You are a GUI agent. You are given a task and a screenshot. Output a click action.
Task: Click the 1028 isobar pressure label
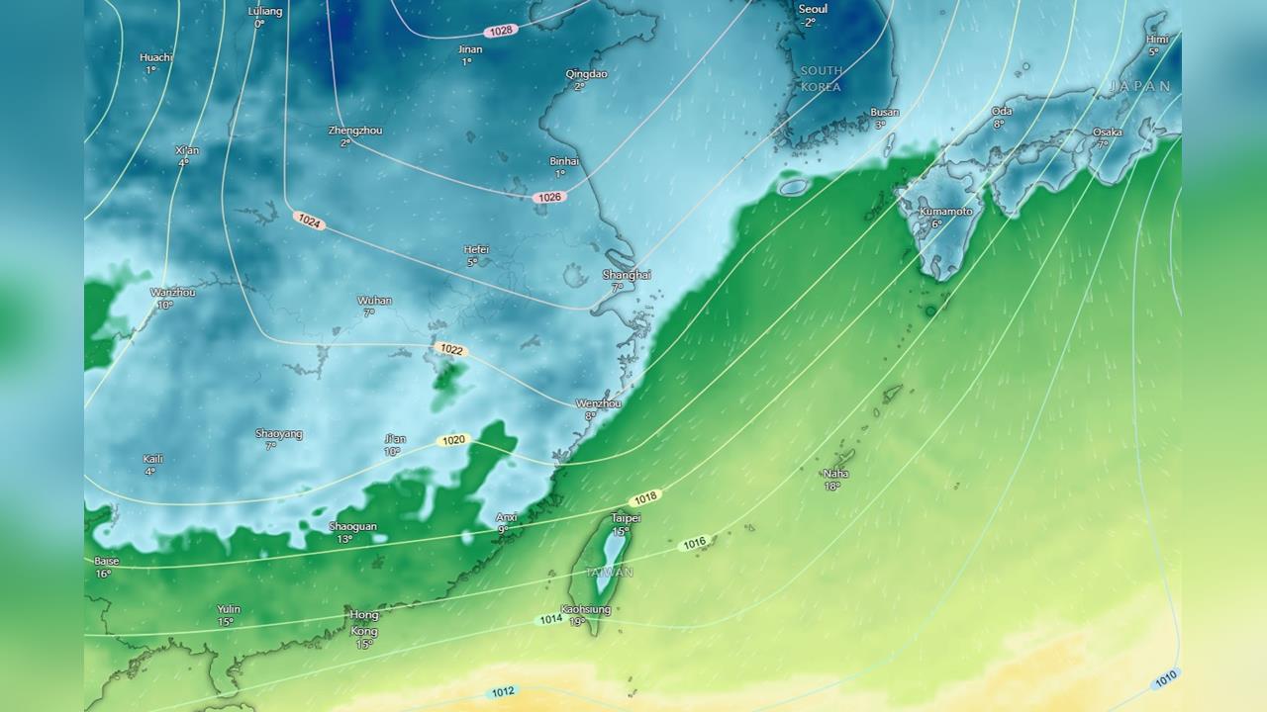click(502, 31)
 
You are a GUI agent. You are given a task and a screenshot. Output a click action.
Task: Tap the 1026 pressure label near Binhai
click(549, 197)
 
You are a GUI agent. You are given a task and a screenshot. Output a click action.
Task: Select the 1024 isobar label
click(309, 222)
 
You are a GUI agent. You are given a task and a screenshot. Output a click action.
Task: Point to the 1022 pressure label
click(451, 349)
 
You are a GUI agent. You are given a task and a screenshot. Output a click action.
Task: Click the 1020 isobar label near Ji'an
click(453, 440)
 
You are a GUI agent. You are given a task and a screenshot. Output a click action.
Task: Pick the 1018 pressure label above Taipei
click(645, 497)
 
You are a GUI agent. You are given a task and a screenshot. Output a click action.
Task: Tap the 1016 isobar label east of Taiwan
click(695, 543)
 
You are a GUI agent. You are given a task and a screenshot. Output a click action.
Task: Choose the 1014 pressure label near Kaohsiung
click(550, 619)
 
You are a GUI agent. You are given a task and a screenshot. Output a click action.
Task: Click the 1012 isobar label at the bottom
click(503, 691)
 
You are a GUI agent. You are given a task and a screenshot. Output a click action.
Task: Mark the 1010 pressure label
click(1165, 677)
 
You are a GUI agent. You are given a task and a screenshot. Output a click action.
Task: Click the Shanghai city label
click(627, 275)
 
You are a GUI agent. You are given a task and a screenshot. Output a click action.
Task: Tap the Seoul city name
click(813, 9)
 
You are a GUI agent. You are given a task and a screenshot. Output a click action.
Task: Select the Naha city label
click(835, 474)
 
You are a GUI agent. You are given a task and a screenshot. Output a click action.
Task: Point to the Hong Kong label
click(364, 623)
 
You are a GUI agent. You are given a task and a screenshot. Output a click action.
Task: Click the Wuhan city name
click(374, 301)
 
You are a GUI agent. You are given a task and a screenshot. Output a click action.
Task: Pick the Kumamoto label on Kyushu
click(945, 212)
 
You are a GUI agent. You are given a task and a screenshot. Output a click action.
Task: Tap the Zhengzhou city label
click(354, 131)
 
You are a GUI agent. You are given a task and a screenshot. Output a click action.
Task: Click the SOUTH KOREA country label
click(822, 78)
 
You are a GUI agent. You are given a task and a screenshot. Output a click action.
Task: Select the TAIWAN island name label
click(610, 573)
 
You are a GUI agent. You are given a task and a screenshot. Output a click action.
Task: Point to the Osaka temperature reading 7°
click(1102, 144)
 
